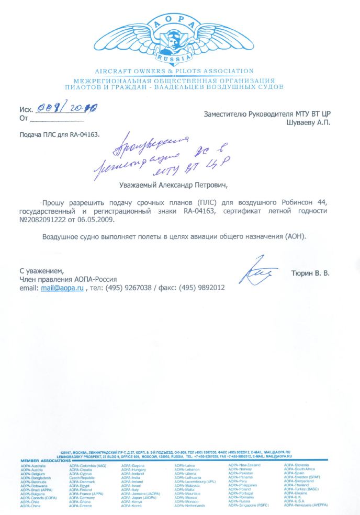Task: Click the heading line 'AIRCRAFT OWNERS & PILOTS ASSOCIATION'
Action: click(174, 71)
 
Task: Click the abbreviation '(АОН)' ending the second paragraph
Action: click(295, 237)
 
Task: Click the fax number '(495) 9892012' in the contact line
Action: click(201, 288)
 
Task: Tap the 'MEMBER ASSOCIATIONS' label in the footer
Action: click(44, 461)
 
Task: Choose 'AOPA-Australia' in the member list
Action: click(33, 465)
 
